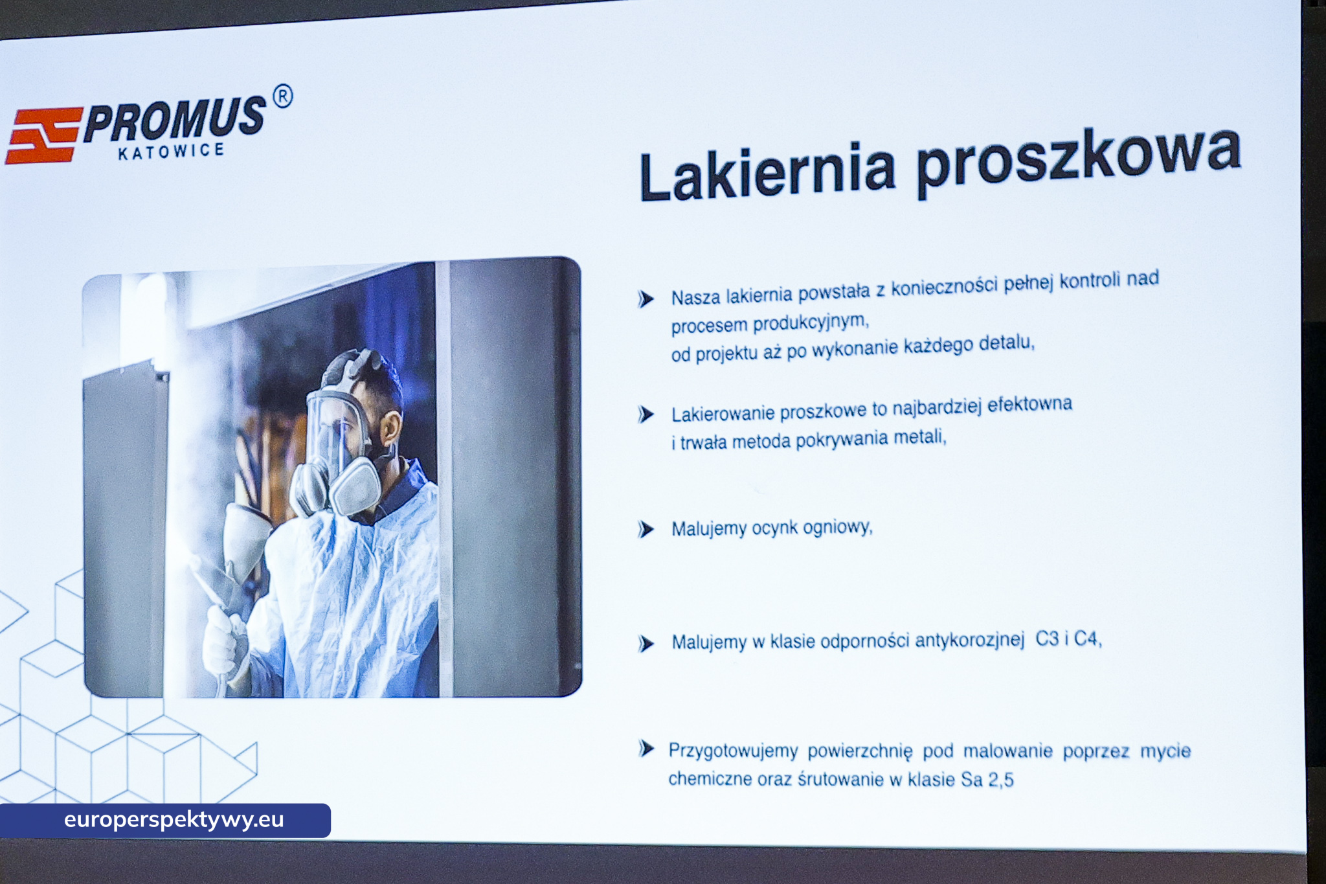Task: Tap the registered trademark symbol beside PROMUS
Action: pos(282,96)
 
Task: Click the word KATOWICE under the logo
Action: pos(171,152)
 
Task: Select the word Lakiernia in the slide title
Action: pos(767,172)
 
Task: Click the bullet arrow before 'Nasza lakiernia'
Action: pos(646,299)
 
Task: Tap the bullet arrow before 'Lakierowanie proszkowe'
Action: pos(646,414)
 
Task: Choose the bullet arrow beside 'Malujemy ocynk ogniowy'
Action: pos(646,530)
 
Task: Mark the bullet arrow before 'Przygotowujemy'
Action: pos(646,749)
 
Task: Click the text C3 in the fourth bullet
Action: pos(1047,639)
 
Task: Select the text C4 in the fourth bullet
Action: pos(1087,639)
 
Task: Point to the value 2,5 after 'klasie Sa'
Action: pos(1001,780)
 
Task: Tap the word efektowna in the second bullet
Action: pos(1029,405)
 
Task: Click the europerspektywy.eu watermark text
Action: pos(174,820)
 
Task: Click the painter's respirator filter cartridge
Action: pos(355,485)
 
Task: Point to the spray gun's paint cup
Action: pos(246,538)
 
